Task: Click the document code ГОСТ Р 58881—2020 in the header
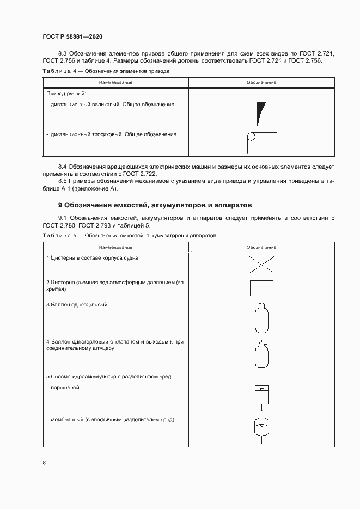point(72,36)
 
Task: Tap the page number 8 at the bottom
point(44,463)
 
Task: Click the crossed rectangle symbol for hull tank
point(261,265)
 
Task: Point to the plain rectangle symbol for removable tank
point(261,288)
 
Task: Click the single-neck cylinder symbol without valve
point(261,318)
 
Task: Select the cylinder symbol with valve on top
point(261,354)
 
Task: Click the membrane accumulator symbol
point(261,426)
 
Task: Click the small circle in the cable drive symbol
point(251,137)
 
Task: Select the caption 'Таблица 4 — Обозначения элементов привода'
point(106,71)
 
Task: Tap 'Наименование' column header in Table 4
point(115,82)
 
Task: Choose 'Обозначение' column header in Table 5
point(261,247)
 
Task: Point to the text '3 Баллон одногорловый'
point(77,305)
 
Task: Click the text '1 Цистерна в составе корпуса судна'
point(92,258)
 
